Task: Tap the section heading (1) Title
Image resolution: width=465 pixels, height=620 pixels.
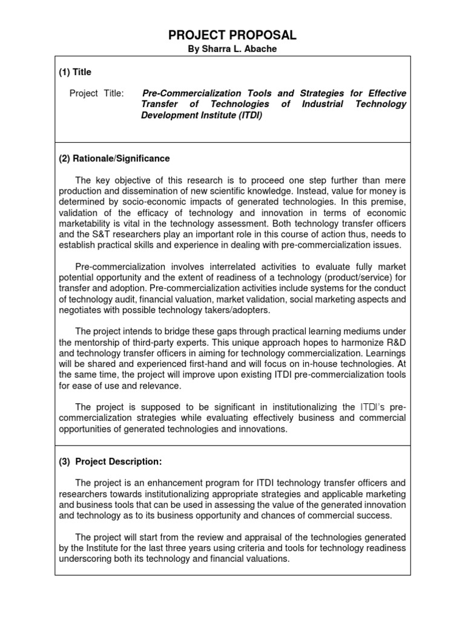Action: (75, 72)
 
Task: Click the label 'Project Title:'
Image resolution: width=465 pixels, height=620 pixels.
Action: (96, 93)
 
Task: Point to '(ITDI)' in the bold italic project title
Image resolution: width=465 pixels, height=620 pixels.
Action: (249, 115)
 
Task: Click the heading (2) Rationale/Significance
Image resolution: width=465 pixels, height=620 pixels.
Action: (114, 159)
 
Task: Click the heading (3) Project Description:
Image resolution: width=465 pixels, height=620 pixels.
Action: (110, 461)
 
